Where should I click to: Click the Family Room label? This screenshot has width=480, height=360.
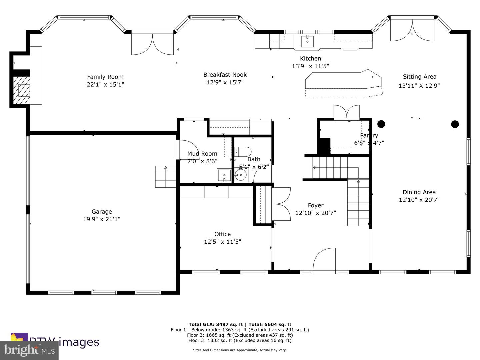105,77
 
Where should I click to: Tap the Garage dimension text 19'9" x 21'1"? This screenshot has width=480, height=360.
102,219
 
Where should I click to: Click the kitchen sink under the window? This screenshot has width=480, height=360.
307,42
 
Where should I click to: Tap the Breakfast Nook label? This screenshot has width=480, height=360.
225,75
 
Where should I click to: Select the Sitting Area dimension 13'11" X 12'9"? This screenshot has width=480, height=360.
419,86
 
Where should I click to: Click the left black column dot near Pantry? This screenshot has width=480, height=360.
381,124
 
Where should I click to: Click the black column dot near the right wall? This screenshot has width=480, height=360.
455,124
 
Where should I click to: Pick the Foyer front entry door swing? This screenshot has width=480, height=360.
324,260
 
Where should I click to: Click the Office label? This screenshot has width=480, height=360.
222,234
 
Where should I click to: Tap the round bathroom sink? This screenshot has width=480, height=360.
241,174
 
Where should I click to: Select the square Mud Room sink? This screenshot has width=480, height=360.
224,175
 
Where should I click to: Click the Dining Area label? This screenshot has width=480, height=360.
419,192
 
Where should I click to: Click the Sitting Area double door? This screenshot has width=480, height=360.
412,30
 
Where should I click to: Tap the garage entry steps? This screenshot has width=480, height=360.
165,176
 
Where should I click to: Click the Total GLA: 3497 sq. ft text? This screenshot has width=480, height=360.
216,324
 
